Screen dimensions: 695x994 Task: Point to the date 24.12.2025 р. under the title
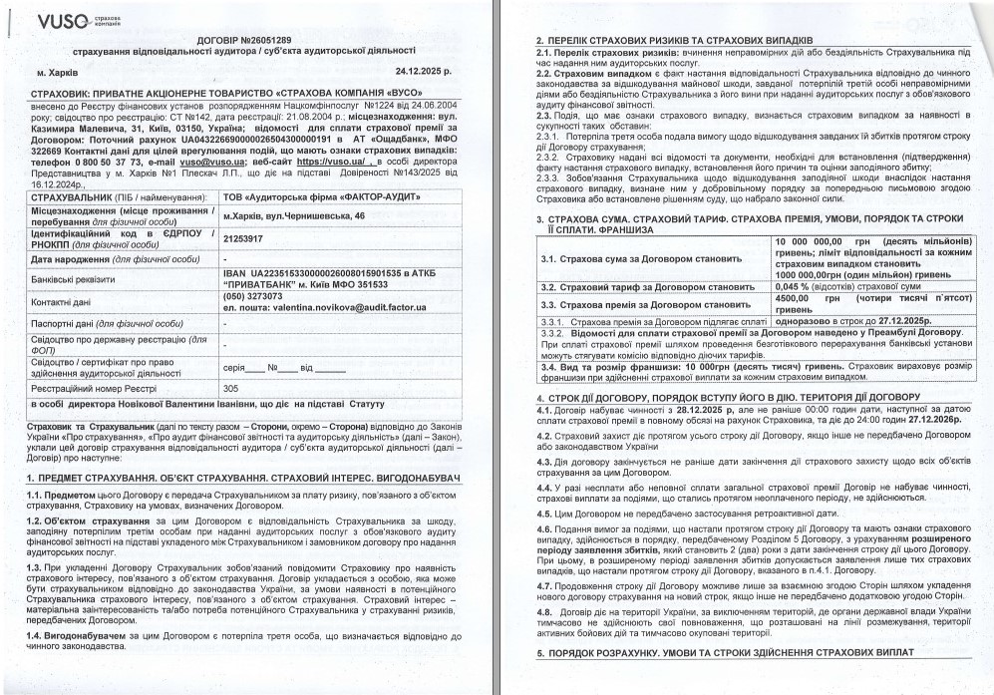pyautogui.click(x=423, y=72)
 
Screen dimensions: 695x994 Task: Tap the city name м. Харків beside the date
pyautogui.click(x=60, y=73)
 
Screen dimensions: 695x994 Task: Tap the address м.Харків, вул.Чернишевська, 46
pyautogui.click(x=293, y=216)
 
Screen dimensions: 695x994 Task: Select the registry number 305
pyautogui.click(x=230, y=388)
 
